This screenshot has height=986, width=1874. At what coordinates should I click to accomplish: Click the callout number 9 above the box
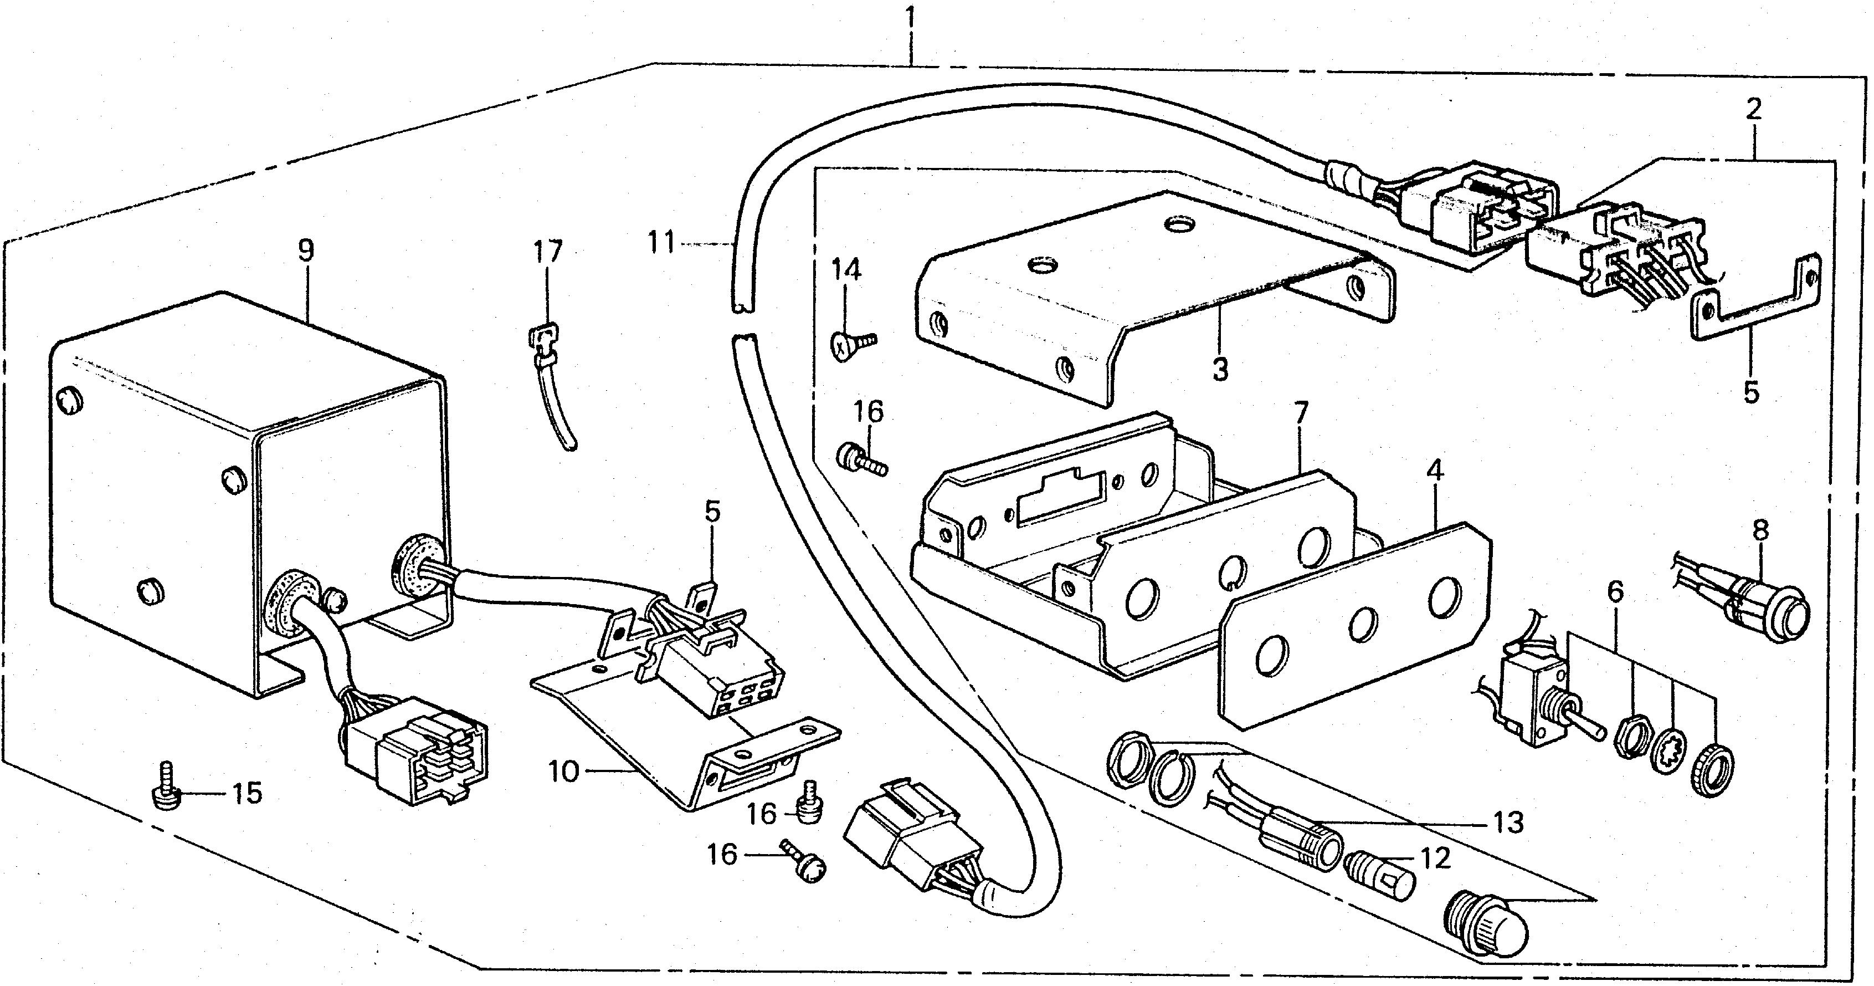[306, 251]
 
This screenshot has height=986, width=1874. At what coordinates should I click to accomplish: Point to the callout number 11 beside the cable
[662, 242]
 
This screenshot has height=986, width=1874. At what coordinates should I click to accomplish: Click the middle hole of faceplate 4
[1362, 624]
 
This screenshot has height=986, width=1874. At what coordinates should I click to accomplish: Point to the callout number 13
[1508, 822]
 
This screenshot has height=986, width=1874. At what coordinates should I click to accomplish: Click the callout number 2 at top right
[1753, 109]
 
